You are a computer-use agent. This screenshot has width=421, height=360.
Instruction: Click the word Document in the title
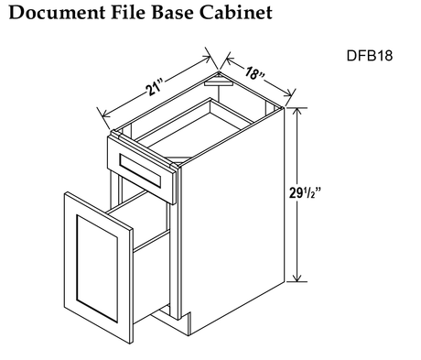point(58,13)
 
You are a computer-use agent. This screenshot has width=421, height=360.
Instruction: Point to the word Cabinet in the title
point(236,13)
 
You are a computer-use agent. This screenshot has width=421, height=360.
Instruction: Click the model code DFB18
point(370,56)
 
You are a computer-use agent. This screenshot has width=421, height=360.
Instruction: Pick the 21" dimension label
point(155,87)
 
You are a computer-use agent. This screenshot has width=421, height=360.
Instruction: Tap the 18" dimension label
point(254,73)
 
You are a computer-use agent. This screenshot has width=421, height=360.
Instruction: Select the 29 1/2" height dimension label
point(305,193)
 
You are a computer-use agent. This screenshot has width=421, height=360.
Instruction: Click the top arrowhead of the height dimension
point(297,111)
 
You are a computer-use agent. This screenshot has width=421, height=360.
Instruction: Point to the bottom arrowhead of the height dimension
point(297,278)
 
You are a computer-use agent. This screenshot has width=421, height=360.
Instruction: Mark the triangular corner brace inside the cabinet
point(219,82)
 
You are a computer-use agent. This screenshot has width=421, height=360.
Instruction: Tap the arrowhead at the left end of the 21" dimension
point(106,115)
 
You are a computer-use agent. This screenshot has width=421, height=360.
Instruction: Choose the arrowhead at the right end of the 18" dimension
point(290,93)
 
